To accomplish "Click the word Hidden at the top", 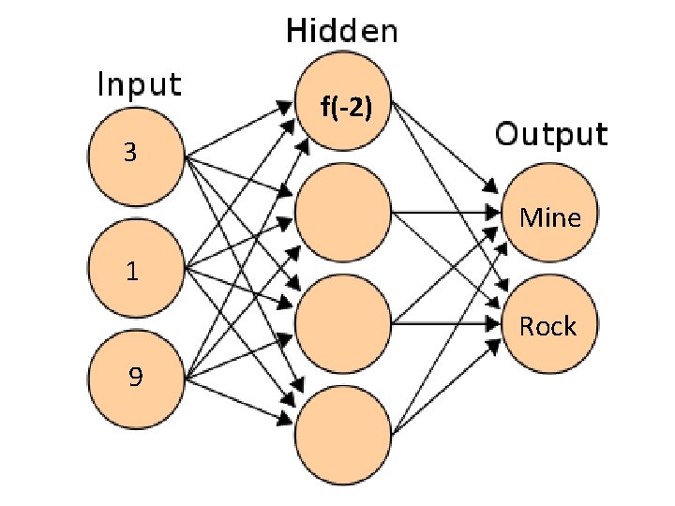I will [341, 31].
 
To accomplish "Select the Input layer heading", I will [140, 84].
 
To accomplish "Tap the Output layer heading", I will [551, 134].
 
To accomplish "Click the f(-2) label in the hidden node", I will [347, 109].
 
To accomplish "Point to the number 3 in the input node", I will [132, 152].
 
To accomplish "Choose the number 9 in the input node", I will [136, 377].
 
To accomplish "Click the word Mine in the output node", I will [550, 218].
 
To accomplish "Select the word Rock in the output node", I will [548, 326].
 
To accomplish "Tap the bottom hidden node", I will [342, 433].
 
